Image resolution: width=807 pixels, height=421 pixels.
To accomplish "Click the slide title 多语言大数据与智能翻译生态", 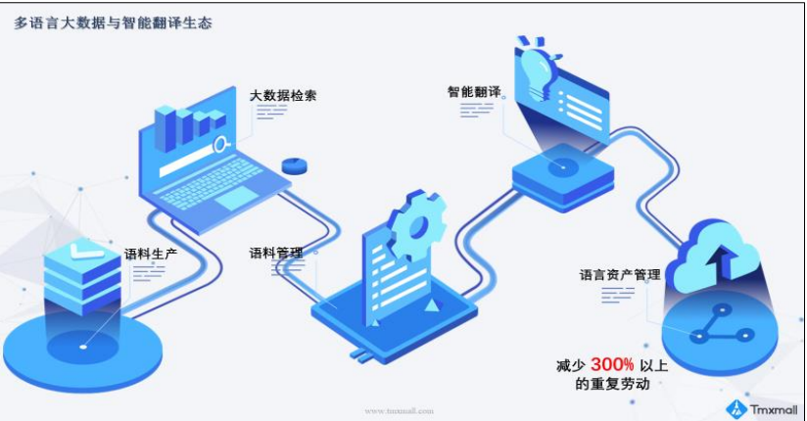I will click(x=113, y=22).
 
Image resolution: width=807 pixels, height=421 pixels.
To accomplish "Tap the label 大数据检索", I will click(x=283, y=95).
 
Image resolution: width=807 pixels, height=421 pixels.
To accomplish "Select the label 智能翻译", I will click(x=474, y=91).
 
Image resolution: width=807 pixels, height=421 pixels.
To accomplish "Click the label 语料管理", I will click(x=275, y=253).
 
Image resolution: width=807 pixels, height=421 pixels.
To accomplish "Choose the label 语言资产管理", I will click(x=620, y=275).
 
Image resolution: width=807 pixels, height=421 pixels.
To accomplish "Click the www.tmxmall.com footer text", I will click(x=399, y=411).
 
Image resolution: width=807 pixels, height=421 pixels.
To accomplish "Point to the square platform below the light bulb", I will click(x=562, y=171).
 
